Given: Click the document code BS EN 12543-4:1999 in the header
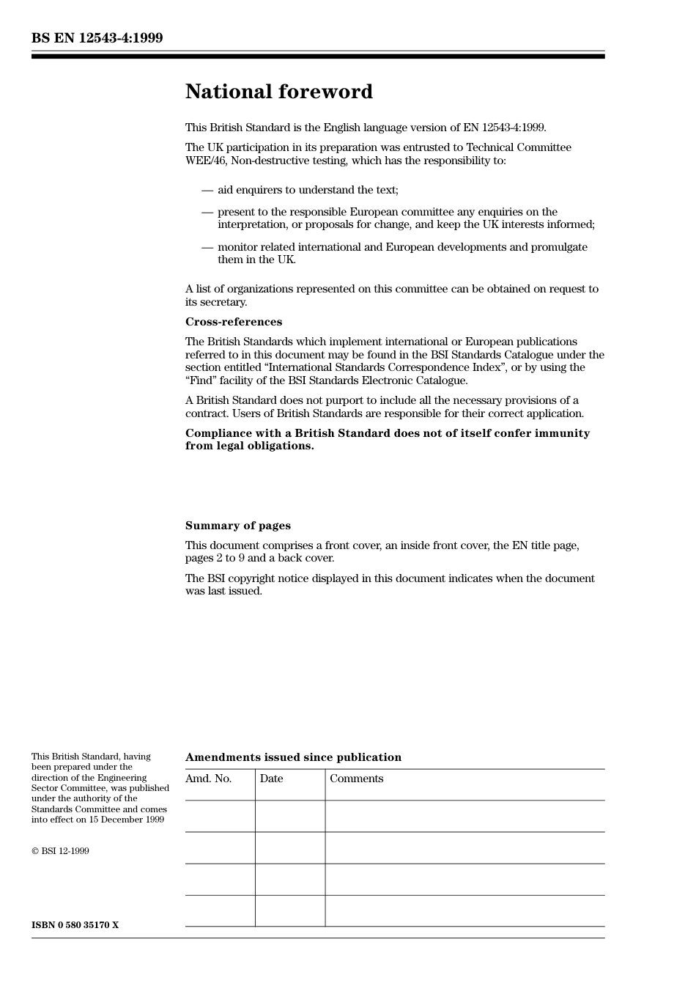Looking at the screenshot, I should (x=97, y=38).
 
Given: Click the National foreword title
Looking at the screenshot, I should (x=278, y=92).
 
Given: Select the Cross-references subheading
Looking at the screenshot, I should (x=233, y=322).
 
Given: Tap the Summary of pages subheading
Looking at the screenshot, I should (x=237, y=526).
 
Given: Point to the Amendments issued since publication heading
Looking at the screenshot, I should (x=293, y=757).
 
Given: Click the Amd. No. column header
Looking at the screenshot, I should (x=208, y=779).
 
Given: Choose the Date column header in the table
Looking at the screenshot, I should (x=271, y=779).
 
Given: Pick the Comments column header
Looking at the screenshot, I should (x=356, y=779).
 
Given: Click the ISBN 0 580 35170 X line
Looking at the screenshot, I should (x=75, y=925).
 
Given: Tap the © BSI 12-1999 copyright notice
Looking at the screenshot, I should (x=60, y=851).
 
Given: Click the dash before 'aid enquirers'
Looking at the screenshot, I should (x=207, y=190).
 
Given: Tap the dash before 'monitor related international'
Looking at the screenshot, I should (x=207, y=247).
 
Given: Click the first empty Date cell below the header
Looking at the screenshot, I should (x=290, y=816).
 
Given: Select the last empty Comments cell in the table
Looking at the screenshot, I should (x=464, y=910).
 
